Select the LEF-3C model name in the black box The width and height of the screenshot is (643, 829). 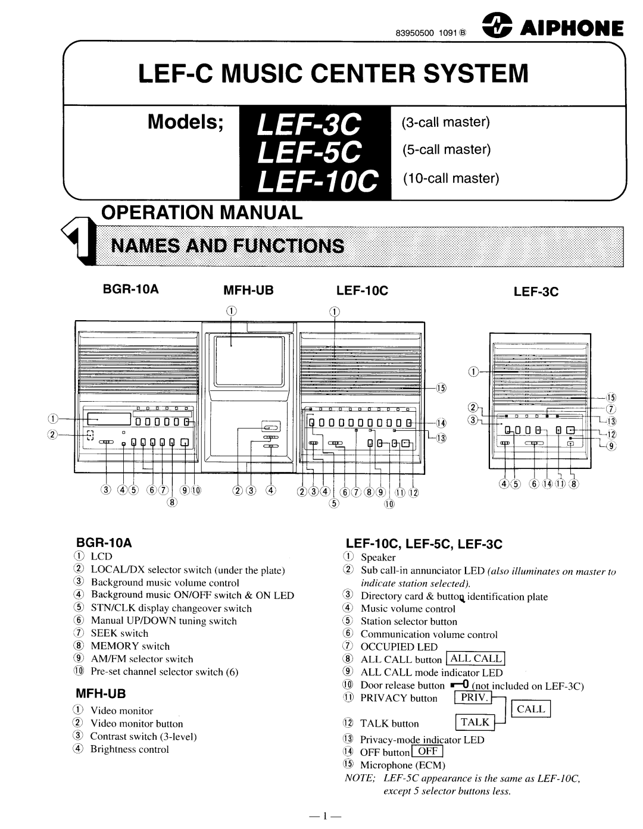point(310,124)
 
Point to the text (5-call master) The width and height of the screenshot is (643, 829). point(446,149)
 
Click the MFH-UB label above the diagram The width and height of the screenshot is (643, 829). point(248,291)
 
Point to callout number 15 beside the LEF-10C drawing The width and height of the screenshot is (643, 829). point(441,389)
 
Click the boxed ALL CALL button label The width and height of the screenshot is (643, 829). point(476,658)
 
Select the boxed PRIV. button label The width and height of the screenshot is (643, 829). point(474,697)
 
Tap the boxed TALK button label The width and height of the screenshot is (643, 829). point(475,722)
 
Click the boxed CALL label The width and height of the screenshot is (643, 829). point(530,709)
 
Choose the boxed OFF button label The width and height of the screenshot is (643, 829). point(427,752)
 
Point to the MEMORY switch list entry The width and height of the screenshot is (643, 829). point(129,646)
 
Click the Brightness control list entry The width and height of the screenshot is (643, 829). point(129,749)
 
